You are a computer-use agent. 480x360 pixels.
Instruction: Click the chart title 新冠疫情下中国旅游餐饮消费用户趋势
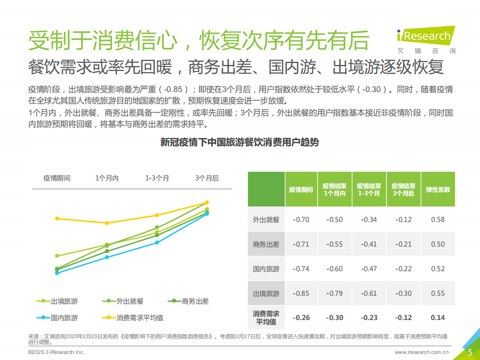click(240, 142)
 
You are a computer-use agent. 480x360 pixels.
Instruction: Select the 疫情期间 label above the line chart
click(57, 178)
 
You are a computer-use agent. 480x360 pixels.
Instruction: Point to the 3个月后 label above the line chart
click(207, 178)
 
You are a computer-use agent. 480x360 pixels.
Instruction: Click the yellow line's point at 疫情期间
click(57, 218)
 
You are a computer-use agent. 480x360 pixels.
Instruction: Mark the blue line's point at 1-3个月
click(157, 243)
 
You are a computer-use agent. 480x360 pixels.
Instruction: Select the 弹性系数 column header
click(438, 189)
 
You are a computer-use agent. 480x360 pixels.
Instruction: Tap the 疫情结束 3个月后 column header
click(403, 189)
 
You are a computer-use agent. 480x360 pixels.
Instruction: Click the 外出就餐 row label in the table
click(266, 220)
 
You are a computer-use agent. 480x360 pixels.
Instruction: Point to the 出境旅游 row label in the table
click(266, 293)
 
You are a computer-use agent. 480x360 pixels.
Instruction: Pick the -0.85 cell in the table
click(301, 293)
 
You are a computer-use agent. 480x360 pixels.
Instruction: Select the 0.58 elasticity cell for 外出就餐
click(438, 220)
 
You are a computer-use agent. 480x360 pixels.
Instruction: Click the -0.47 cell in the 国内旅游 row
click(369, 269)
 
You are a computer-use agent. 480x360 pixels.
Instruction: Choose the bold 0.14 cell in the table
click(438, 318)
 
